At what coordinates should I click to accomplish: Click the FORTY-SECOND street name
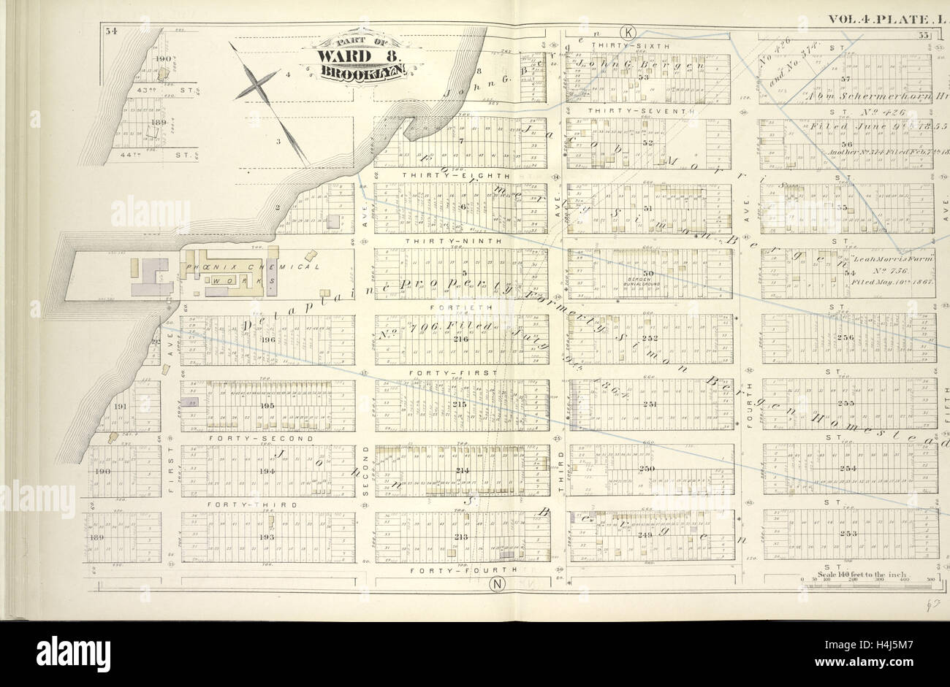(261, 438)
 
